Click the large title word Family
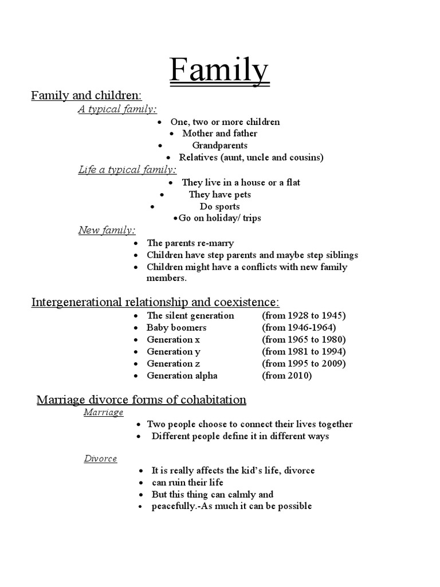[x=219, y=71]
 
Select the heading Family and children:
[x=87, y=95]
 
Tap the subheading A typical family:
[x=117, y=109]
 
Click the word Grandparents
[x=219, y=146]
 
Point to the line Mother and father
[x=219, y=134]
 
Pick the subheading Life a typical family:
[x=127, y=170]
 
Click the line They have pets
[x=220, y=194]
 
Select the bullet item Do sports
[x=219, y=206]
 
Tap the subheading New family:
[x=107, y=230]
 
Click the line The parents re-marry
[x=190, y=243]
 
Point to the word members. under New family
[x=167, y=278]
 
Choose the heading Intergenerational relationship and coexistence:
[x=155, y=302]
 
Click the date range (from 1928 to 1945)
[x=304, y=315]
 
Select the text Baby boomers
[x=176, y=327]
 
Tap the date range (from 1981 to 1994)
[x=304, y=351]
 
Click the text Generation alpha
[x=182, y=375]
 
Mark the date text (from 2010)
[x=287, y=375]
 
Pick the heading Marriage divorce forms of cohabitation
[x=142, y=400]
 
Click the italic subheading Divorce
[x=100, y=459]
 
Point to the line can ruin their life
[x=187, y=482]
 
